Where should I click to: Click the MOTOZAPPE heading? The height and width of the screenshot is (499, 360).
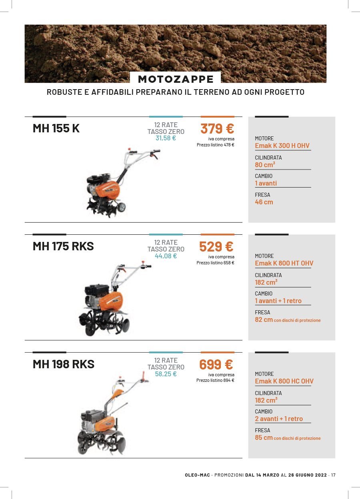(176, 79)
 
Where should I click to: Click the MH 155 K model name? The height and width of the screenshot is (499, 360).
(56, 129)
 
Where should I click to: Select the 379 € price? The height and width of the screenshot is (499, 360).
(217, 129)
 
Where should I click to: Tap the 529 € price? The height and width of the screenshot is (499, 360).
(216, 247)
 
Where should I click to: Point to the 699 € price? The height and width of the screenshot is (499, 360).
(216, 365)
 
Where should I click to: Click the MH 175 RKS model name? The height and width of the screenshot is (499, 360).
(63, 246)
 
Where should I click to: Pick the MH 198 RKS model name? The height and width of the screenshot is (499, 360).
(63, 364)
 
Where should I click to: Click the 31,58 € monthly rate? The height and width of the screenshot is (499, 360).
(166, 138)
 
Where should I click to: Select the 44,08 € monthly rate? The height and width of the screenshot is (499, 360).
(166, 256)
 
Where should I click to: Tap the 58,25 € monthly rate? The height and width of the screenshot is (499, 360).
(166, 374)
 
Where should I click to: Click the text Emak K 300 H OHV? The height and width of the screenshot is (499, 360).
(282, 146)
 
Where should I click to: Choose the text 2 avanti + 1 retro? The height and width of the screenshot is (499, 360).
(279, 419)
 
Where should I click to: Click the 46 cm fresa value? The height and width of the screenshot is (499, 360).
(264, 202)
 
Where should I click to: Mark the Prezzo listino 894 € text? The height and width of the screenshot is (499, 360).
(215, 380)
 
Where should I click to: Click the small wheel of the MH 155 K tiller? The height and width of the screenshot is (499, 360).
(121, 207)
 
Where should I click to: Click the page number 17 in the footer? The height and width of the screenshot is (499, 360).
(333, 475)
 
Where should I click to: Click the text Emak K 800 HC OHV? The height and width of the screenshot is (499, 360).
(284, 381)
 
